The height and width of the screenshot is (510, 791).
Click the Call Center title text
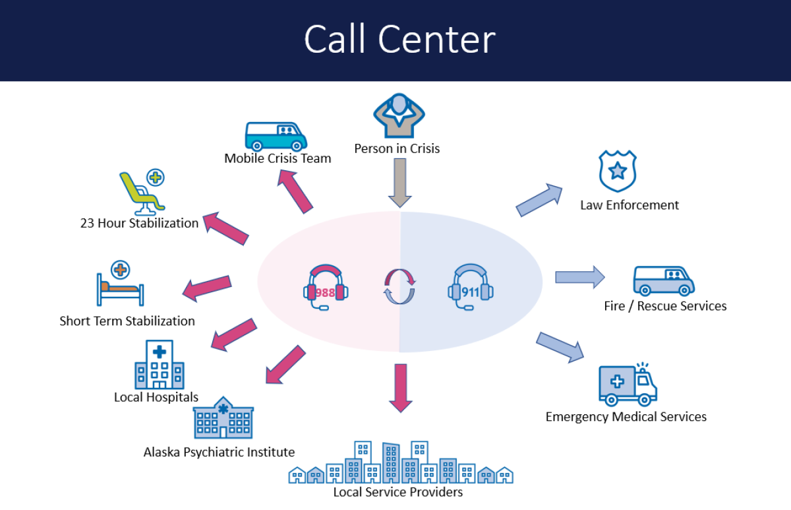pos(399,40)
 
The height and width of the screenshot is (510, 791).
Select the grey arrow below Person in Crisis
pos(399,183)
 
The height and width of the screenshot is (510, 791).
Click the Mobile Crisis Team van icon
pos(276,136)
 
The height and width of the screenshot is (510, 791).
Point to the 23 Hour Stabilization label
pos(139,223)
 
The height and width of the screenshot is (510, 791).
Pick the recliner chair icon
pos(141,191)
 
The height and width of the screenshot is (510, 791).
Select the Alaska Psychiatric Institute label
pos(219,452)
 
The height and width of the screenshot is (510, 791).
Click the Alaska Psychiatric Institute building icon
pos(223,418)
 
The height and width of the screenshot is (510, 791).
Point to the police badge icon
pos(618,170)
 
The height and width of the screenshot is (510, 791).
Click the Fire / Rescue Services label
pos(665,306)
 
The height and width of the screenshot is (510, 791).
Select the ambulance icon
pos(628,383)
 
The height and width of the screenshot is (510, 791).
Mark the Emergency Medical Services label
pos(626,417)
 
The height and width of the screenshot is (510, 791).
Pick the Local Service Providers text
pos(398,492)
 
